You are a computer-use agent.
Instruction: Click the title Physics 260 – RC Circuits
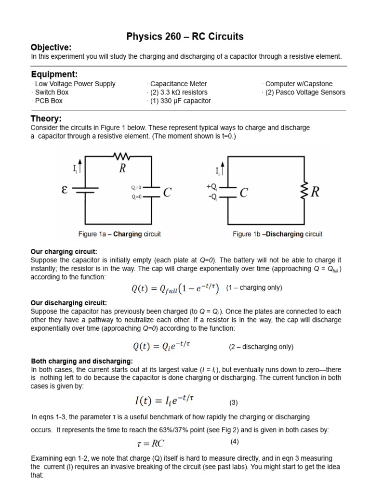pos(185,37)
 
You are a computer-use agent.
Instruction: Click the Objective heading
pos(51,47)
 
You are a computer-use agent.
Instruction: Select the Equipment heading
pos(54,74)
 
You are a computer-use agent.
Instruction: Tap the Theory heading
pos(46,118)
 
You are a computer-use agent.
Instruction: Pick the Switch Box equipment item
pos(50,92)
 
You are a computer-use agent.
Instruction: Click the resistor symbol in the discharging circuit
pos(304,192)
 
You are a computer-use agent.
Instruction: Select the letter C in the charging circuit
pos(167,193)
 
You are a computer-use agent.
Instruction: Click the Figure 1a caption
pos(119,234)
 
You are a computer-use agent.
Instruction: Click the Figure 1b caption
pos(277,234)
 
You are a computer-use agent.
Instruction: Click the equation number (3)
pos(233,402)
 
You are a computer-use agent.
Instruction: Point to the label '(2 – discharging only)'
pos(261,347)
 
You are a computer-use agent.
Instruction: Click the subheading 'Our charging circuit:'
pos(64,252)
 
